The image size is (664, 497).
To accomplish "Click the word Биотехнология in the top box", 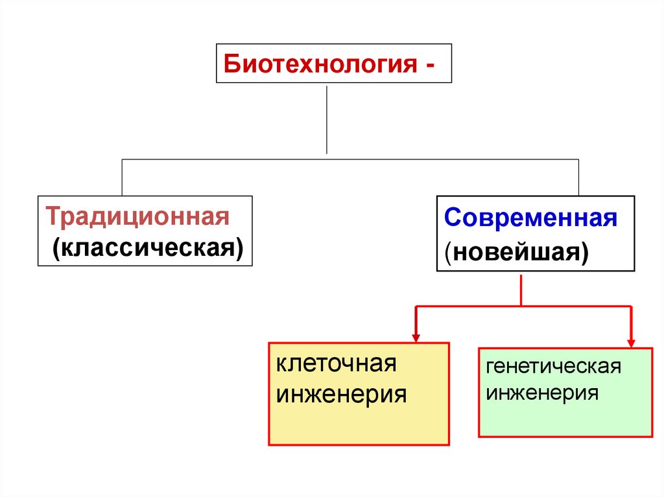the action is [x=319, y=65].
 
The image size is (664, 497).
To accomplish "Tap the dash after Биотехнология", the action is [x=430, y=65].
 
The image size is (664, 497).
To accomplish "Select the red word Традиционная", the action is [x=137, y=216].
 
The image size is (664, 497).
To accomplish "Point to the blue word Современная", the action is [x=530, y=218].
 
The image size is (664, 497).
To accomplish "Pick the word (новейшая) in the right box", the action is [x=517, y=252].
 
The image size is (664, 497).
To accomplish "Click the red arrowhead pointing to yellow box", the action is [x=416, y=336].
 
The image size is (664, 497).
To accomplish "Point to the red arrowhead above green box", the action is [x=630, y=341].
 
